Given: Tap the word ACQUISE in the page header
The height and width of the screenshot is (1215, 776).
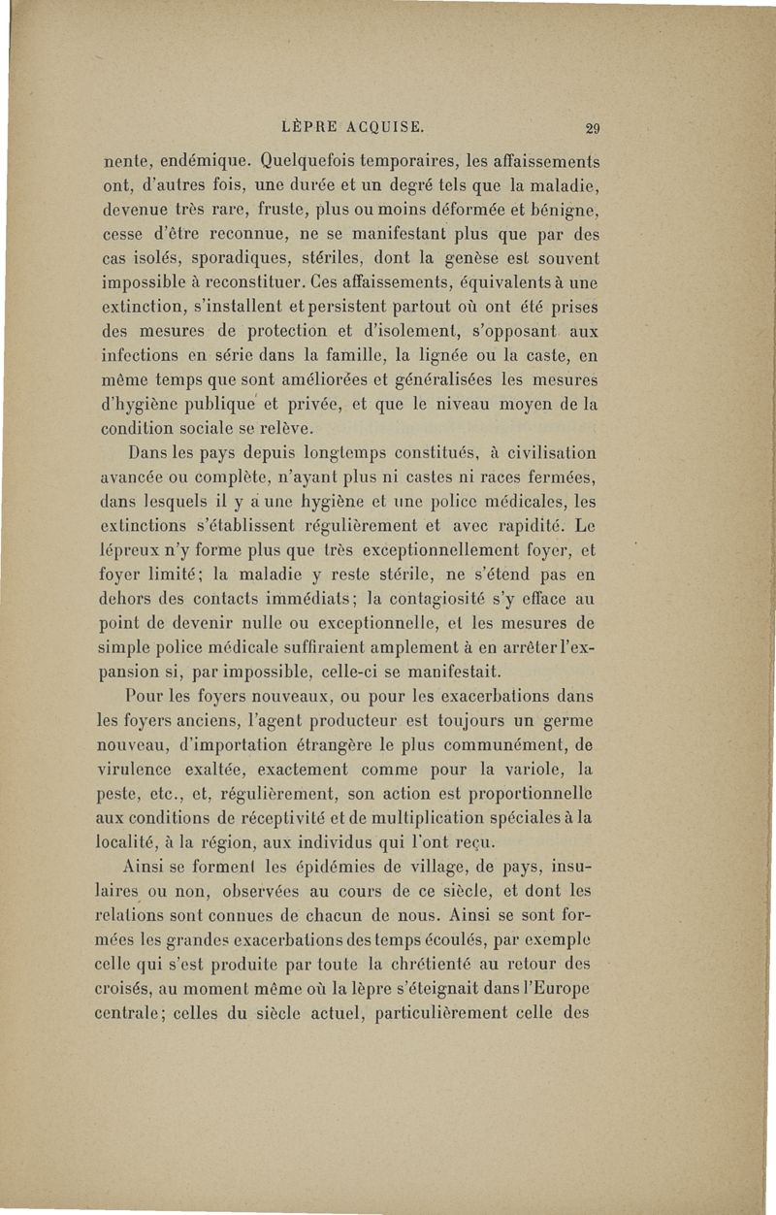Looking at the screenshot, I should [x=378, y=125].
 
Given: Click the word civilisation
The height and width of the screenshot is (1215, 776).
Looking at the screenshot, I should [x=536, y=453].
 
